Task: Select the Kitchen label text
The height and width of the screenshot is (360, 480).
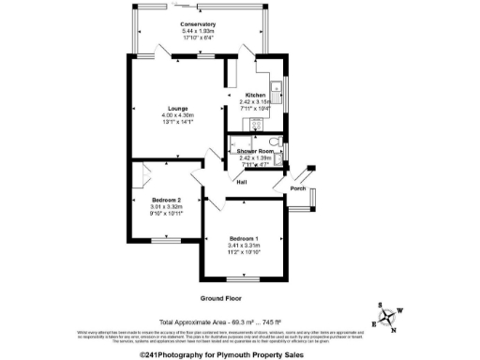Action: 256,96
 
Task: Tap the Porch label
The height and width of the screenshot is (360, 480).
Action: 298,187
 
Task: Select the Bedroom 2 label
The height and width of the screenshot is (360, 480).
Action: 166,199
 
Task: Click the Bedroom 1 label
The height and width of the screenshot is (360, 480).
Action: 243,239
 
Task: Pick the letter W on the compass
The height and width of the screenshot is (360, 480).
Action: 400,312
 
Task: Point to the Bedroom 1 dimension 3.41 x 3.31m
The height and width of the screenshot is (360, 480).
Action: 243,246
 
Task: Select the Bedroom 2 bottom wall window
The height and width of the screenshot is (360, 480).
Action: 167,241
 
